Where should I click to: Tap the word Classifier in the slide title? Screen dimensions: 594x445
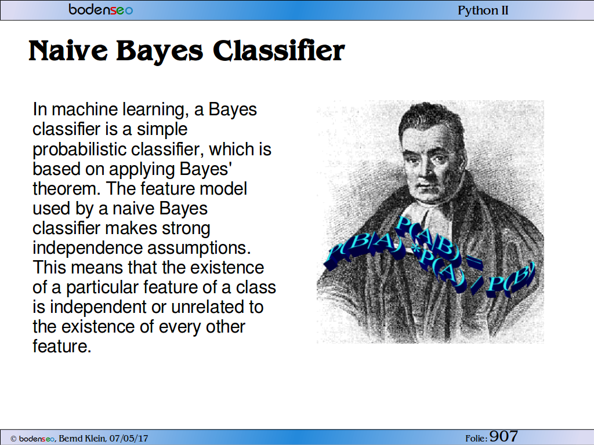click(279, 50)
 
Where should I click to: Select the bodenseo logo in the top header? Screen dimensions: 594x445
click(101, 9)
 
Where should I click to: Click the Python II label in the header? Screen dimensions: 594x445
click(483, 10)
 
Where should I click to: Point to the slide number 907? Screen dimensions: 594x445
click(504, 436)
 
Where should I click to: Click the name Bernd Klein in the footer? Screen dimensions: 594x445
click(82, 439)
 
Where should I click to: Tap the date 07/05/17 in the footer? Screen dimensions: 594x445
click(129, 439)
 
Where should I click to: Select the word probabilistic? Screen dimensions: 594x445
click(79, 149)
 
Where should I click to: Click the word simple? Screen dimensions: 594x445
click(162, 129)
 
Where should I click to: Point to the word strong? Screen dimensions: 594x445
click(186, 228)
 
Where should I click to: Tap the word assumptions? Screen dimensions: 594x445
click(200, 248)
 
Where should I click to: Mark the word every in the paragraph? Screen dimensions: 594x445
click(180, 327)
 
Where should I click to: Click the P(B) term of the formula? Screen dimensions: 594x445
click(512, 280)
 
